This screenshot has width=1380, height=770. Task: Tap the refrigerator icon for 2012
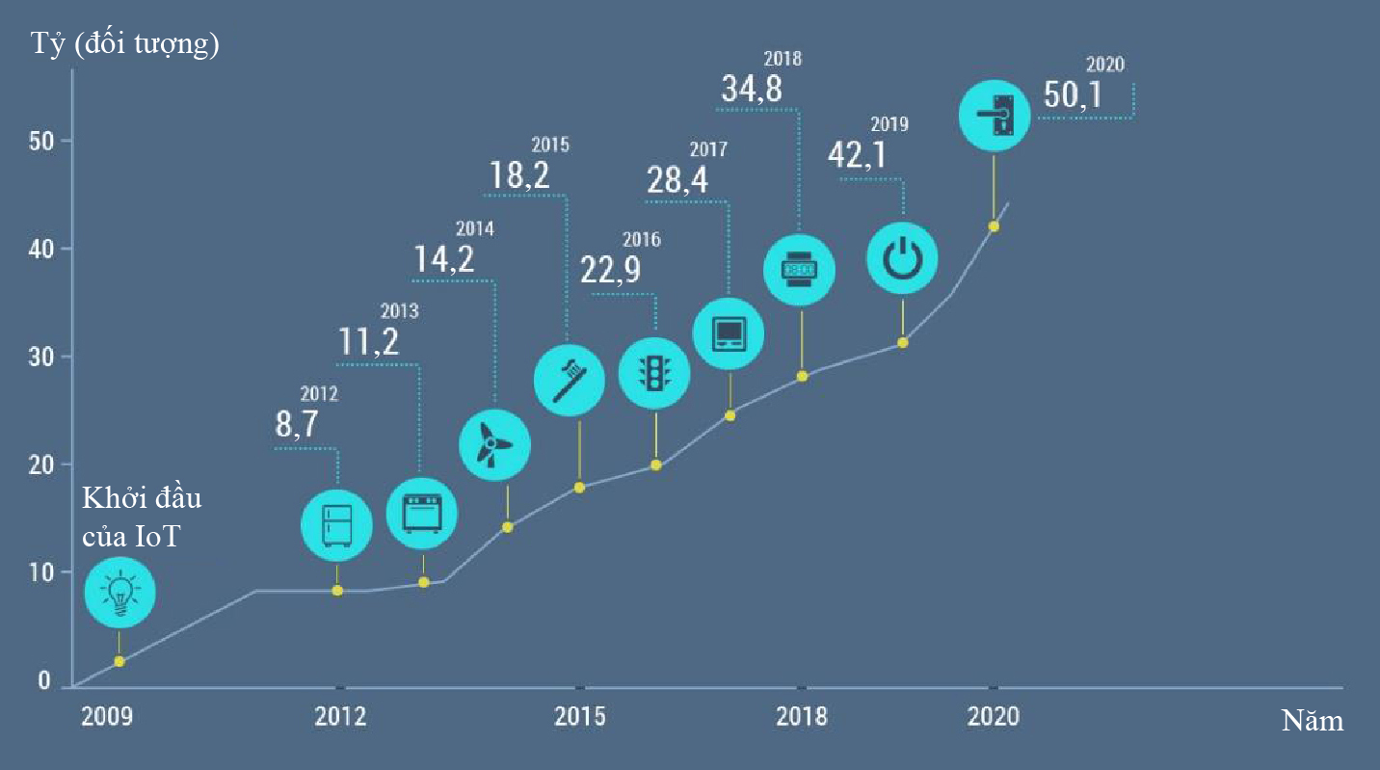click(x=336, y=524)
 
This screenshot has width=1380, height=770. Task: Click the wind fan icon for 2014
click(x=495, y=444)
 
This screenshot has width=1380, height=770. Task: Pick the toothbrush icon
click(x=569, y=379)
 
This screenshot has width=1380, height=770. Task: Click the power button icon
click(x=902, y=257)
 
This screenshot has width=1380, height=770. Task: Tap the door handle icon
click(x=995, y=115)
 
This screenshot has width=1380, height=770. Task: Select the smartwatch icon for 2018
click(x=799, y=270)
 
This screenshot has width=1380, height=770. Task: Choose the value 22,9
click(x=610, y=271)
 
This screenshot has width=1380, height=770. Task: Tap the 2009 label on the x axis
click(x=108, y=718)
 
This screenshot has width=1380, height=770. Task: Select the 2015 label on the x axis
click(x=579, y=718)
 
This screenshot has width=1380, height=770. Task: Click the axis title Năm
click(x=1312, y=721)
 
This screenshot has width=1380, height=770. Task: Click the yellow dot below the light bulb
click(x=119, y=661)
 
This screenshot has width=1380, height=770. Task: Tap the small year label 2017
click(x=708, y=150)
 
